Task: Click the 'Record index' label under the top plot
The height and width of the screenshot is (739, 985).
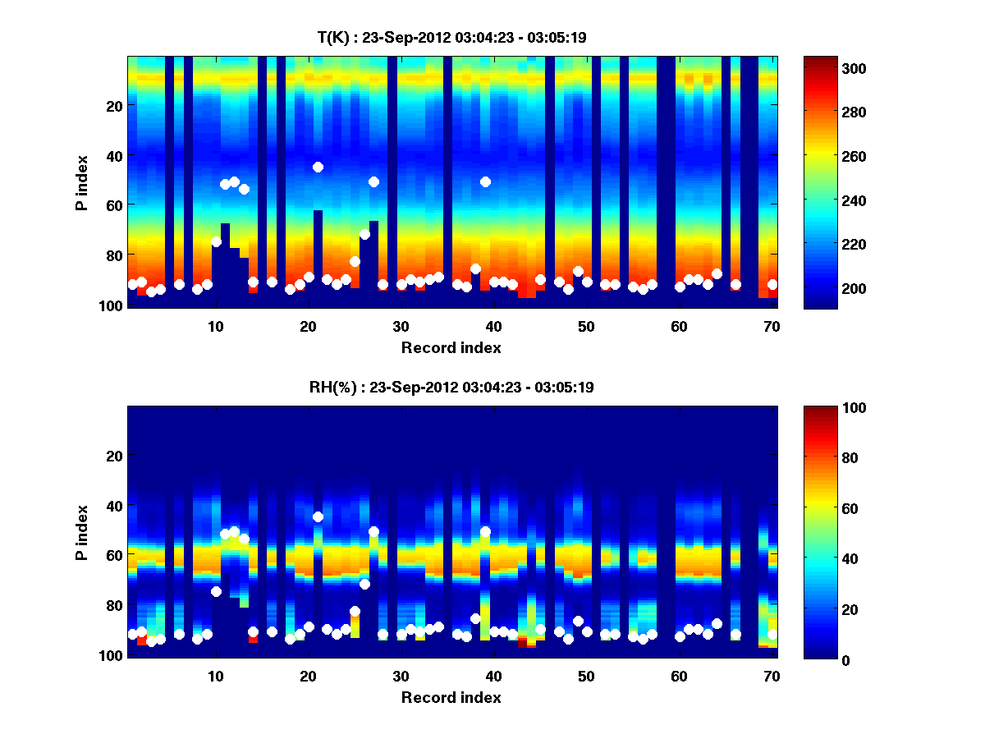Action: (x=451, y=347)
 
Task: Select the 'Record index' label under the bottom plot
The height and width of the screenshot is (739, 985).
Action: (x=451, y=697)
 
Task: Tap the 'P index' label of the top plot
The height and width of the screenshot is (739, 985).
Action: (x=82, y=182)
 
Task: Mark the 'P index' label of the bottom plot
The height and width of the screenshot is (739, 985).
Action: (x=82, y=532)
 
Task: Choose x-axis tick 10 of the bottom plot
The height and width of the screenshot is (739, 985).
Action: (x=215, y=676)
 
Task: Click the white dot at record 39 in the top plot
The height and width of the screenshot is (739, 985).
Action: (x=485, y=181)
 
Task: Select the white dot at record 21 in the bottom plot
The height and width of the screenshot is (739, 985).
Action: (x=318, y=516)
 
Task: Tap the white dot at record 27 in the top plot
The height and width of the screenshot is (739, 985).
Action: (x=373, y=181)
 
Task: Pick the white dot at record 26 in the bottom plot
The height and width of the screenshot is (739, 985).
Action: (x=364, y=584)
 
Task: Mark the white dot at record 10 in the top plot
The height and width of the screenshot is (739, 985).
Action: (x=216, y=241)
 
